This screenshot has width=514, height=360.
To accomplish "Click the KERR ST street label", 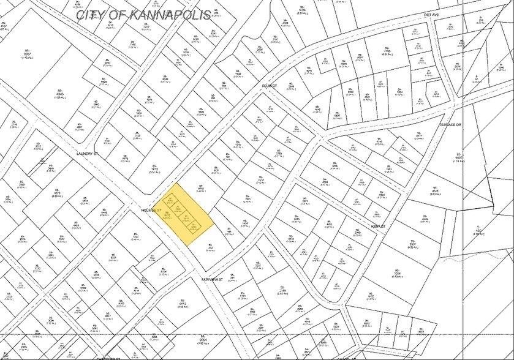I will [378, 226].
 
